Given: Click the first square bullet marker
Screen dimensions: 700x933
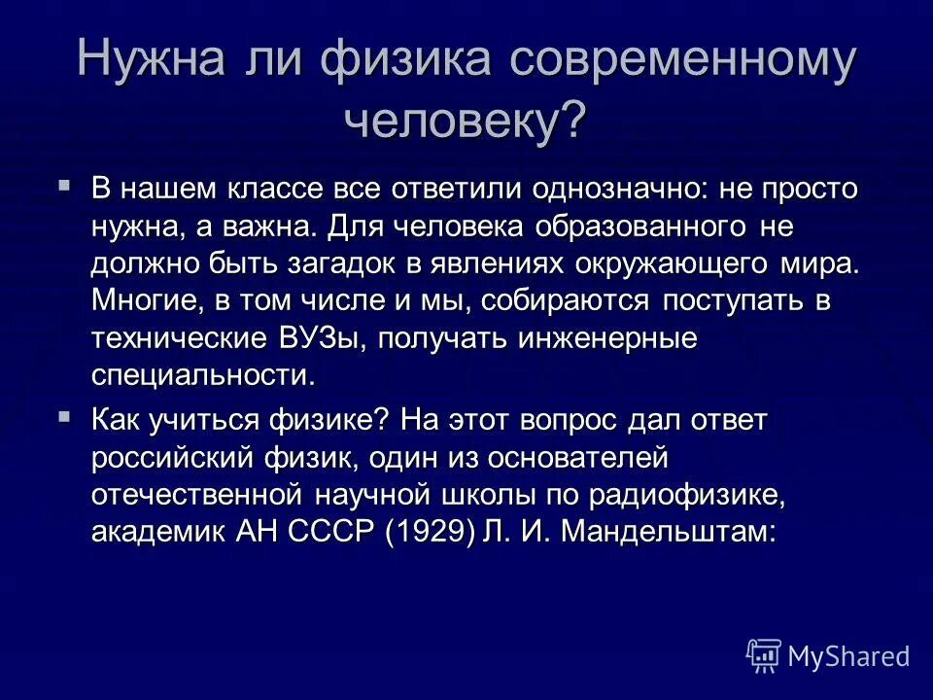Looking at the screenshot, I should coord(64,183).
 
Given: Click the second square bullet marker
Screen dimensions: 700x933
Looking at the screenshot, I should coord(64,416).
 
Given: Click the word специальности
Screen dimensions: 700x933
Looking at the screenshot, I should coord(203,376).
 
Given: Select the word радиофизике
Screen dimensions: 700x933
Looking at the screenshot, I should coord(684,495).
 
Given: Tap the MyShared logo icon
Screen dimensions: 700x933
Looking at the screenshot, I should coord(763,656).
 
